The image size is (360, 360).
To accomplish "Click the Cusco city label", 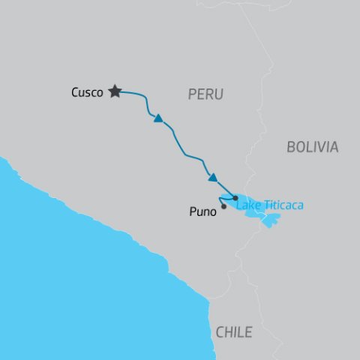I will tap(86, 93).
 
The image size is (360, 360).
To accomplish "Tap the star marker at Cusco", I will tap(115, 91).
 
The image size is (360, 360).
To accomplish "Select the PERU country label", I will tap(205, 94).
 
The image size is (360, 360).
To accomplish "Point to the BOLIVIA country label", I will tap(312, 147).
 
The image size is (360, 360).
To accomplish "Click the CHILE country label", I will tap(233, 332).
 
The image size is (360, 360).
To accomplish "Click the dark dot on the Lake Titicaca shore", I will tap(235, 198).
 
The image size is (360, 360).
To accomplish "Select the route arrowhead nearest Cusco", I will tap(158, 118).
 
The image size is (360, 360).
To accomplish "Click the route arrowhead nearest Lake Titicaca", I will tap(213, 178).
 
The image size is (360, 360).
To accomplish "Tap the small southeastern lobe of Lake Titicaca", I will tap(271, 220).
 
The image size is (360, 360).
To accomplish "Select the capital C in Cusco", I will tap(75, 93).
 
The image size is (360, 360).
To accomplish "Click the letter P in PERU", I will tap(191, 94).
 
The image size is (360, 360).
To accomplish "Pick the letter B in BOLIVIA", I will tap(291, 147).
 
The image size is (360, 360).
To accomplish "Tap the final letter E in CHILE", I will tap(248, 332).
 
